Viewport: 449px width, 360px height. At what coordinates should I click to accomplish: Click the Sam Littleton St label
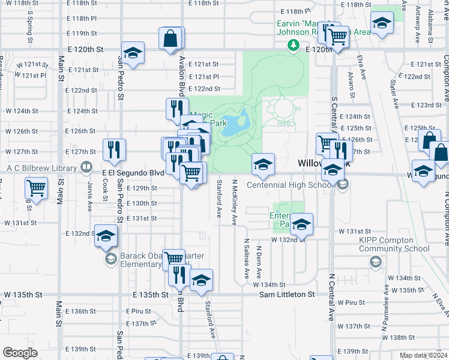[x=287, y=295]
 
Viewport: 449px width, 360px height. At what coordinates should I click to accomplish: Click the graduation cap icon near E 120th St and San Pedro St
[x=133, y=53]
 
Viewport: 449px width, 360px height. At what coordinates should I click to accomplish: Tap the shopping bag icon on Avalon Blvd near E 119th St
[x=171, y=38]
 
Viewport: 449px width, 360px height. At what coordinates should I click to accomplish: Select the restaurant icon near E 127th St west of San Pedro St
[x=114, y=150]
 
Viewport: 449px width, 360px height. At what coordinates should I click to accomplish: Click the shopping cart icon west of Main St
[x=36, y=188]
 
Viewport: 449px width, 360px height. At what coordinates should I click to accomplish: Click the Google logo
[x=20, y=353]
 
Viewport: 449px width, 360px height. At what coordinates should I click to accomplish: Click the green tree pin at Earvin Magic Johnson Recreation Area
[x=293, y=45]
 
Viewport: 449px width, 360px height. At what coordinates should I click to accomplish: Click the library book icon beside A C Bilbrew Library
[x=87, y=167]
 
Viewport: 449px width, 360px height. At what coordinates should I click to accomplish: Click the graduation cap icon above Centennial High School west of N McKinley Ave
[x=263, y=165]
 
